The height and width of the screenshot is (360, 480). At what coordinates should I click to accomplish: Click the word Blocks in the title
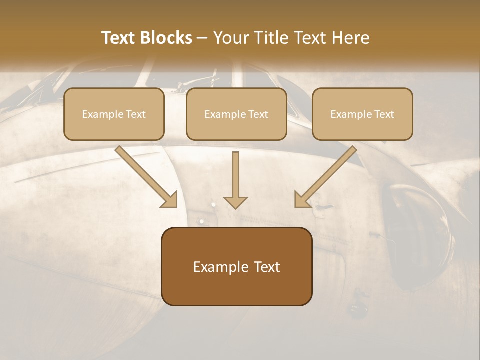[x=167, y=38]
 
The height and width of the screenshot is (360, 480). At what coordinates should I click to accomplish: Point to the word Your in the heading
[x=229, y=38]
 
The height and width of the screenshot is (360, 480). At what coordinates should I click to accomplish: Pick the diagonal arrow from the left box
[x=145, y=176]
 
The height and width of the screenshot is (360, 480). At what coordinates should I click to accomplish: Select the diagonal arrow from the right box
[x=327, y=176]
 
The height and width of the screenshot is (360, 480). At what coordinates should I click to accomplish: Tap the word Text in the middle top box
[x=258, y=114]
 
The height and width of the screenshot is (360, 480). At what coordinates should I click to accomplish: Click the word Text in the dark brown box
[x=267, y=267]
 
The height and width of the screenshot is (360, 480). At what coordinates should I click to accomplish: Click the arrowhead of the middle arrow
[x=235, y=201]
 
